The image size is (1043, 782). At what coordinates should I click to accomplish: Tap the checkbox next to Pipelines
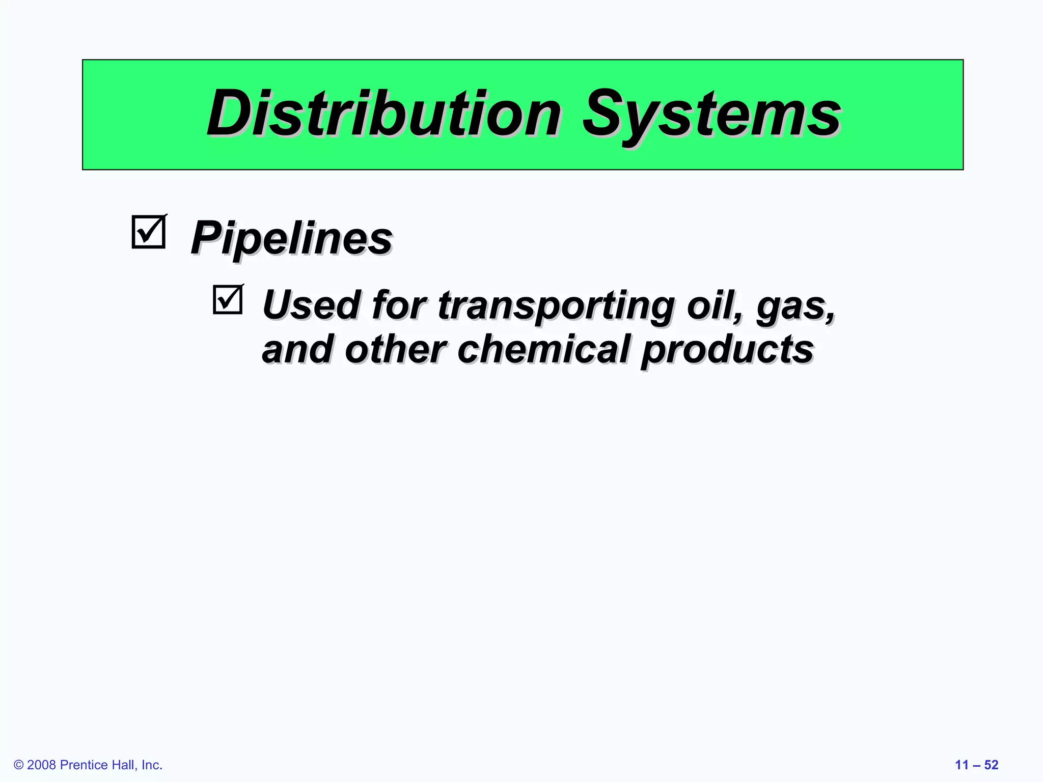point(149,232)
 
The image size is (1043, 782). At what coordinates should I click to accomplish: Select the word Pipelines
point(291,238)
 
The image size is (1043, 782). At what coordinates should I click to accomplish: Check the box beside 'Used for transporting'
point(228,299)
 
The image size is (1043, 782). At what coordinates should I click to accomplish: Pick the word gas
point(795,306)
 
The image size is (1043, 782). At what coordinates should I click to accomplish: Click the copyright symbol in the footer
point(19,765)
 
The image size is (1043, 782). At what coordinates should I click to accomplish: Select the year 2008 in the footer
point(41,765)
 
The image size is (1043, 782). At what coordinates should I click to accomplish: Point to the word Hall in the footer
point(124,765)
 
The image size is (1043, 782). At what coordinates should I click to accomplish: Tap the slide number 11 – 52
point(976,765)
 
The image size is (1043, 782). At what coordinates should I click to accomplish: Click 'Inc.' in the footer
point(152,765)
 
